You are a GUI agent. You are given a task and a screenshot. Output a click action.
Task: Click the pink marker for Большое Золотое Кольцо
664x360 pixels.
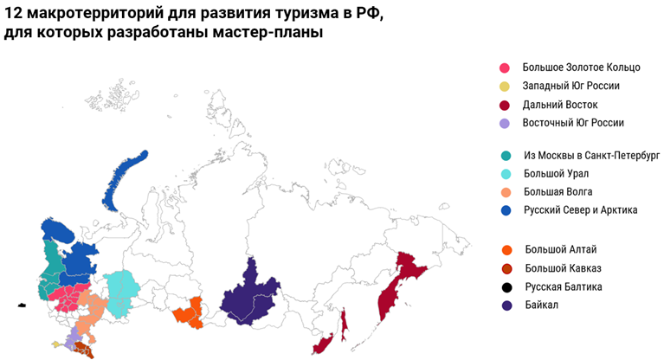(505, 67)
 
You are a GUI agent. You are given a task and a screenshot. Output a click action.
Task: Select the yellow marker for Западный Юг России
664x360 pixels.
(505, 86)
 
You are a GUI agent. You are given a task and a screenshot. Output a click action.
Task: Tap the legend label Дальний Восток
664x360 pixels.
(560, 104)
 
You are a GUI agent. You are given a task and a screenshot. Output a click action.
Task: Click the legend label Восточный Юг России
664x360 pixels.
(572, 122)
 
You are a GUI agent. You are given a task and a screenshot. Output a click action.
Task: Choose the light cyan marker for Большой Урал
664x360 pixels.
(505, 173)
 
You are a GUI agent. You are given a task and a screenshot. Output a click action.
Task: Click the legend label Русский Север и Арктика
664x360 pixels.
(580, 209)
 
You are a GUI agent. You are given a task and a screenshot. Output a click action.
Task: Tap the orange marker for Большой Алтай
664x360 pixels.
(506, 250)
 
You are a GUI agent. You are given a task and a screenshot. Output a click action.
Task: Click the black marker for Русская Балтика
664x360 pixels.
(506, 286)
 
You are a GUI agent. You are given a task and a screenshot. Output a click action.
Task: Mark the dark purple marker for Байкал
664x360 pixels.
(506, 305)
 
